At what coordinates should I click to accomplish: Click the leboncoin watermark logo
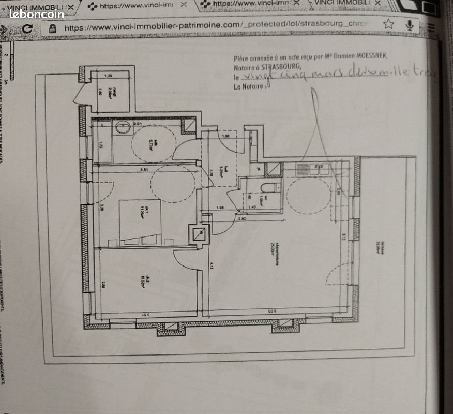click(36, 14)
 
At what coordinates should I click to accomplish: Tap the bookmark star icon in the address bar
click(388, 24)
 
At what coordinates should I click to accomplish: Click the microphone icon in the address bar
click(410, 24)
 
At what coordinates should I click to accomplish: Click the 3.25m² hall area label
click(221, 171)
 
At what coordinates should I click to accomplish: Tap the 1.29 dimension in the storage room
click(109, 76)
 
